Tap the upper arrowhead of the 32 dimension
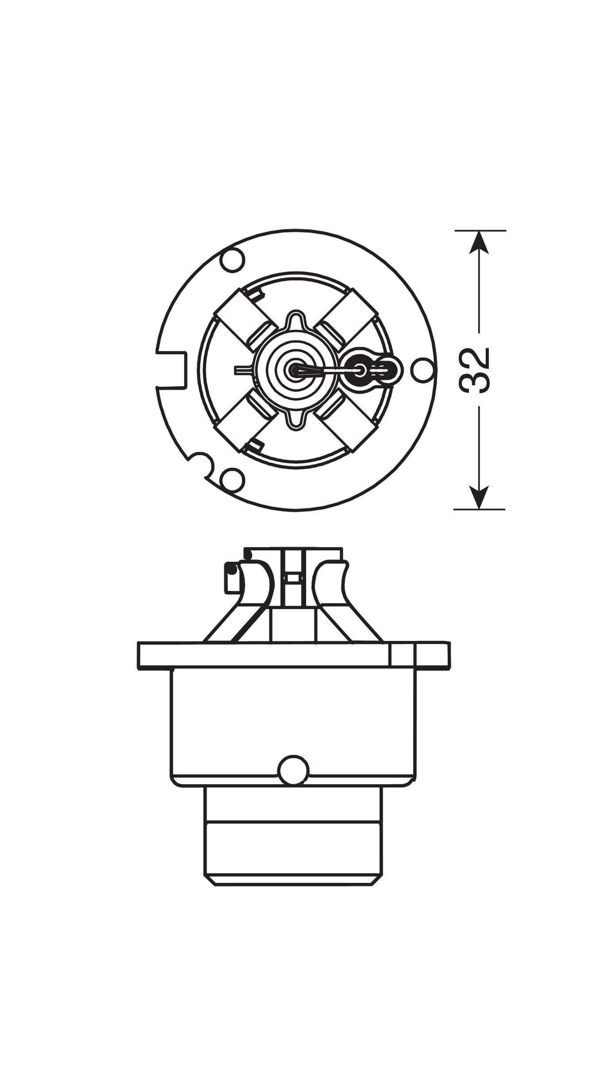pyautogui.click(x=480, y=243)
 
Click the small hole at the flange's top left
pyautogui.click(x=234, y=261)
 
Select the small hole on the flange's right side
pyautogui.click(x=422, y=370)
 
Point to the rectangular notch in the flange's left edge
pyautogui.click(x=171, y=369)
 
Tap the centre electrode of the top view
pyautogui.click(x=295, y=370)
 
